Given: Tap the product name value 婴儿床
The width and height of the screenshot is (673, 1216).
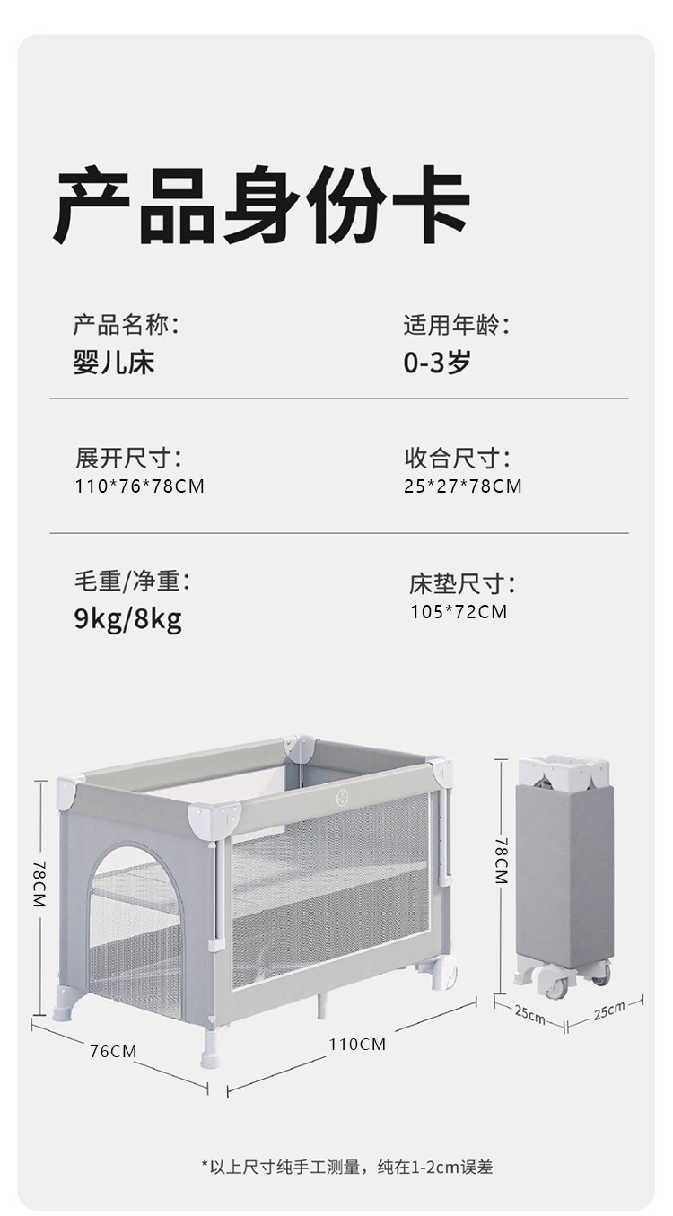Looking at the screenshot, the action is pos(114,363).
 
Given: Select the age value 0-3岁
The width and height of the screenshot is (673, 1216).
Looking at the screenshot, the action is pos(437,363).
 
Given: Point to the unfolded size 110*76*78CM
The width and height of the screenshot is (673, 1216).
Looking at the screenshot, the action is pos(140,486).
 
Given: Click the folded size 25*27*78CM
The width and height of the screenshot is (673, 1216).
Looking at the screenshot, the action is pos(463,486).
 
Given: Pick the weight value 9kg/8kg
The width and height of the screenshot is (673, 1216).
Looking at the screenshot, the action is pos(127,618).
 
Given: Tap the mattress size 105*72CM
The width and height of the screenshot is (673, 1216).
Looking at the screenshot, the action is pos(459,612).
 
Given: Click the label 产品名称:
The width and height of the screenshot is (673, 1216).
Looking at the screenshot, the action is pos(126,323).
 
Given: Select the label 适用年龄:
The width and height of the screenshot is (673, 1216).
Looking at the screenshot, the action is pos(457,323).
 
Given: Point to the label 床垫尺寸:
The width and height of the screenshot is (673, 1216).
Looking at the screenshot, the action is pos(462,585).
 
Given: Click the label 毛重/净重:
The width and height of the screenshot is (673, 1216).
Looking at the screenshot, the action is pos(132,582).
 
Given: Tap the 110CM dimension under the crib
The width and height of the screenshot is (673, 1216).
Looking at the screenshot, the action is pos(356,1045).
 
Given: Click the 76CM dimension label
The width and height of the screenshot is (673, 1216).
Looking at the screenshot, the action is pos(113,1051).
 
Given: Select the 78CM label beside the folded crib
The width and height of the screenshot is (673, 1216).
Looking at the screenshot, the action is pos(502,862).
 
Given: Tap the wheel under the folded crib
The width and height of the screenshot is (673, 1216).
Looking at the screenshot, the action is pos(551,985).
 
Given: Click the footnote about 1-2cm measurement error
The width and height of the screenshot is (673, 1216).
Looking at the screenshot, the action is pos(346,1167).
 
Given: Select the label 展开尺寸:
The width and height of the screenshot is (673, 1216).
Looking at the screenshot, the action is pos(127,459).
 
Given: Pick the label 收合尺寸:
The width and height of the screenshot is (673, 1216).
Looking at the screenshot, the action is pos(457,459).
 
